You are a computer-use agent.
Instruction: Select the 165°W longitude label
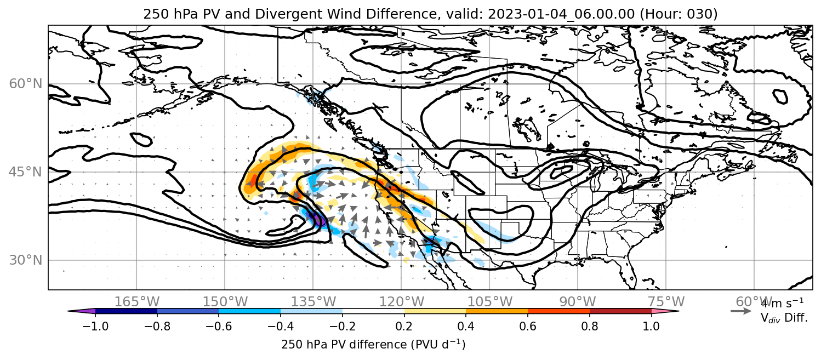tap(137, 302)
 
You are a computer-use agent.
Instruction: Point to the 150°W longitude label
tap(225, 302)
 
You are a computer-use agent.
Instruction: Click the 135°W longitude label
tap(313, 302)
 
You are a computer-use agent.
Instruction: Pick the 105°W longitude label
tap(489, 302)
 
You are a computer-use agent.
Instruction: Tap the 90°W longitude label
tap(578, 302)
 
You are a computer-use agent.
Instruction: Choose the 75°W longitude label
tap(666, 302)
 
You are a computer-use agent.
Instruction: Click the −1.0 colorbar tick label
tap(95, 326)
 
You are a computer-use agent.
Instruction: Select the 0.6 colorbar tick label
tap(528, 326)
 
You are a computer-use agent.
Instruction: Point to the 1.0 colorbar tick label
tap(651, 326)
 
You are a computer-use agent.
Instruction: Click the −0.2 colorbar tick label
tap(343, 326)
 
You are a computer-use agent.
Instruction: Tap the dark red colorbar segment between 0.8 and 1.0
tap(620, 311)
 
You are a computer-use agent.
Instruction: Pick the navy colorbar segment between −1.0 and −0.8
tap(127, 311)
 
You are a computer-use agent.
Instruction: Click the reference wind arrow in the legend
tap(741, 311)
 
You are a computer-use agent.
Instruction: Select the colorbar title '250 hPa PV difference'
tap(344, 345)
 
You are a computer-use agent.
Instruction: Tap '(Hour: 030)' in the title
tap(679, 14)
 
